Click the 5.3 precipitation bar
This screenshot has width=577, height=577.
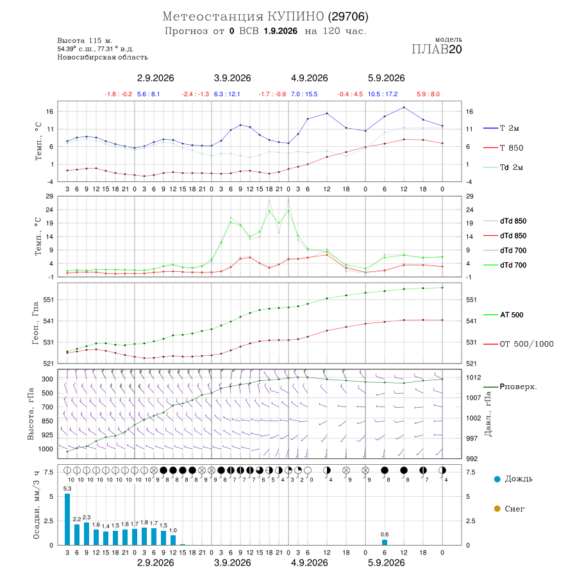click(67, 519)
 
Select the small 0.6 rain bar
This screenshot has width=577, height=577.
click(385, 542)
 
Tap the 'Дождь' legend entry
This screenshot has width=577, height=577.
click(514, 479)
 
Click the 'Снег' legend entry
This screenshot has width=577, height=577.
click(509, 508)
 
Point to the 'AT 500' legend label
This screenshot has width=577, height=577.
click(512, 315)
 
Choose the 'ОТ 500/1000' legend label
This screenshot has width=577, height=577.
click(526, 344)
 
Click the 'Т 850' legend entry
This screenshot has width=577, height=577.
click(512, 148)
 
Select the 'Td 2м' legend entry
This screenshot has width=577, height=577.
click(512, 167)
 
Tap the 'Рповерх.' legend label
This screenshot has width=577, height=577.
click(518, 387)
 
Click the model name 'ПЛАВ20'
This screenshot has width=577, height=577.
click(437, 49)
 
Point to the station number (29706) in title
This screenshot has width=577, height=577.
click(348, 17)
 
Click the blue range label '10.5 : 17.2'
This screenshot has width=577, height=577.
click(383, 94)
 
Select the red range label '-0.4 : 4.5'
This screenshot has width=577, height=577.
click(350, 94)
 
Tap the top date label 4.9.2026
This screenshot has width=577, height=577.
click(310, 78)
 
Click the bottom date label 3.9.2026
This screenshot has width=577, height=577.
click(233, 563)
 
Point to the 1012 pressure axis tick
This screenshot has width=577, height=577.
click(473, 377)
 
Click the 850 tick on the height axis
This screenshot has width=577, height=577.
click(47, 421)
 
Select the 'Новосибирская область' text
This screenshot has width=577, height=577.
click(103, 57)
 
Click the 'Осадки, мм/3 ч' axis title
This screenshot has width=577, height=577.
click(36, 505)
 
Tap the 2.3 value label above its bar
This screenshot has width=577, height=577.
click(87, 517)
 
